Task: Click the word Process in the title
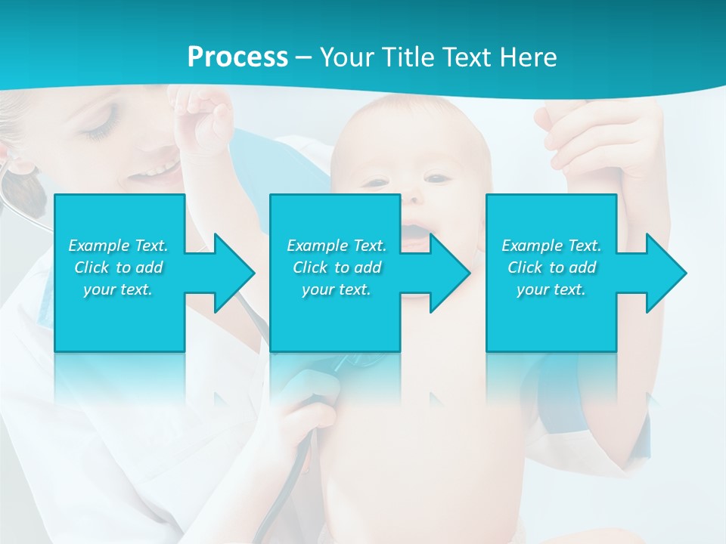tap(237, 57)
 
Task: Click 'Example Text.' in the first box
tap(119, 246)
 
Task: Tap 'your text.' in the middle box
tap(336, 289)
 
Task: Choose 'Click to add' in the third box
tap(551, 267)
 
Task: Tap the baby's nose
tap(412, 199)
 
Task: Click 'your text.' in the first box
tap(119, 289)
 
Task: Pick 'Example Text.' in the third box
tap(551, 246)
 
